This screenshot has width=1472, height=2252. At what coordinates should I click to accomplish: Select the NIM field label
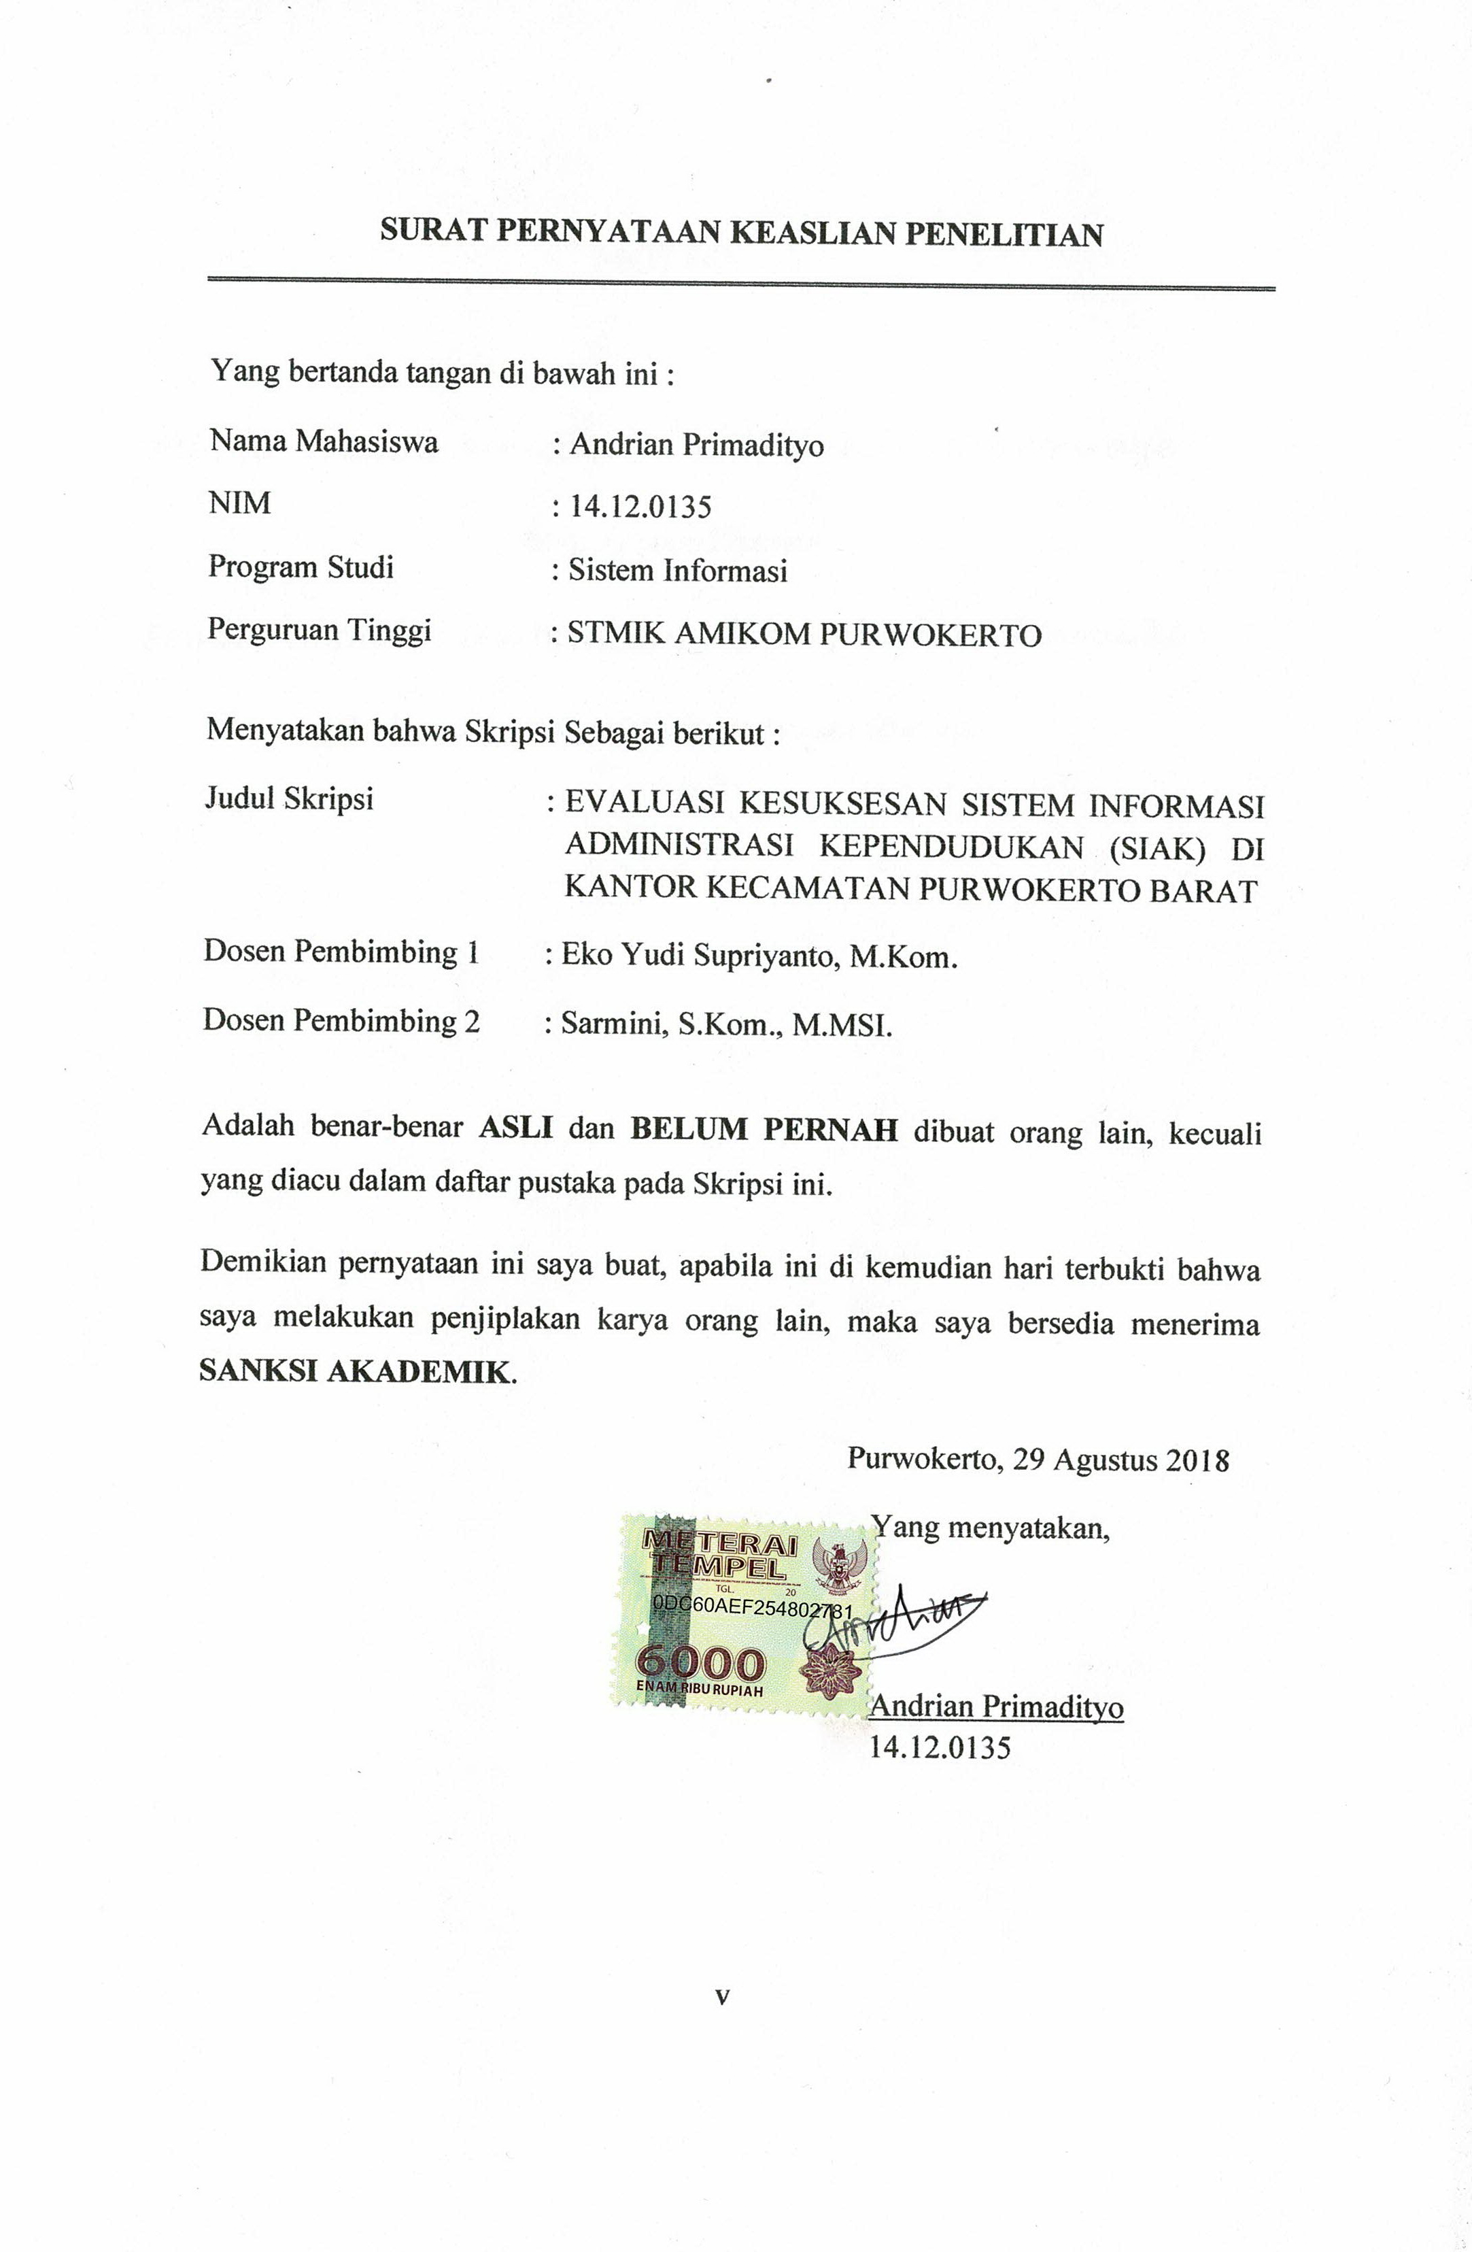click(x=239, y=503)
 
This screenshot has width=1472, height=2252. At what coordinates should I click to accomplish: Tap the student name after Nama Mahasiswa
click(x=696, y=445)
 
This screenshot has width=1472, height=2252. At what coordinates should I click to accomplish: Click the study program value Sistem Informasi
click(x=677, y=571)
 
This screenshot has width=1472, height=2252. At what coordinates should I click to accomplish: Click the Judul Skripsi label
click(x=290, y=799)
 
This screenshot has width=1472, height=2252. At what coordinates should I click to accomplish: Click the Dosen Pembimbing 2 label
click(x=341, y=1020)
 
